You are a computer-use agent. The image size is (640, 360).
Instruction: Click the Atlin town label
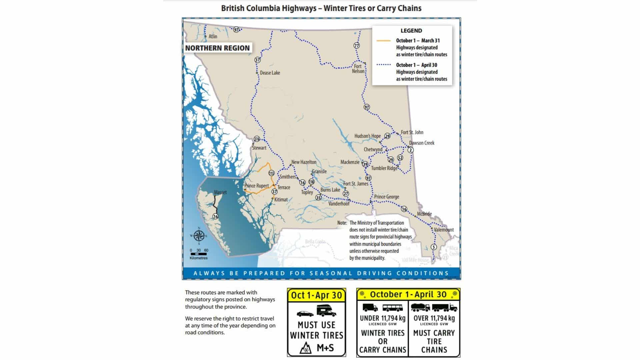click(213, 36)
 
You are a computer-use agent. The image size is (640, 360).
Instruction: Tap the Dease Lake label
click(270, 73)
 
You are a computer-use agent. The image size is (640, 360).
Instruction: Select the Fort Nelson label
click(358, 69)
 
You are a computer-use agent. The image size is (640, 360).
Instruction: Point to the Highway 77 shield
click(357, 46)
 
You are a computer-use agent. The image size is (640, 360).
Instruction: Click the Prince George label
click(386, 197)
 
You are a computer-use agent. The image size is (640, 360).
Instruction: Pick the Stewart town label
click(259, 148)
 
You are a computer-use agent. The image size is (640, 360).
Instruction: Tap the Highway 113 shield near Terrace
click(271, 173)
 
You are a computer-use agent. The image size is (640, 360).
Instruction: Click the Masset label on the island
click(220, 192)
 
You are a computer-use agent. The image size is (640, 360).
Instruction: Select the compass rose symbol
click(199, 236)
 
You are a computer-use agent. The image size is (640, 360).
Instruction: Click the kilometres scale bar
click(199, 254)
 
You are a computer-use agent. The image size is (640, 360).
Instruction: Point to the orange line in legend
click(383, 41)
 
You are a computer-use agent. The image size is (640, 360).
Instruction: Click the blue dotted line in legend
click(383, 65)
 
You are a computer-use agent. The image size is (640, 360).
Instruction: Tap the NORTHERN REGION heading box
click(217, 48)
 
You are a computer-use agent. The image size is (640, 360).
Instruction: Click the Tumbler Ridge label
click(384, 168)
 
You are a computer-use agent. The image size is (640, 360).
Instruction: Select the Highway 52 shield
click(400, 158)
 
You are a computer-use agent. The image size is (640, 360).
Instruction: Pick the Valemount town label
click(444, 230)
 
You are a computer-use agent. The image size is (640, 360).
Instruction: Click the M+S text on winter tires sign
click(325, 348)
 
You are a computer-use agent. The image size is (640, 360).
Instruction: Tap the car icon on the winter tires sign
click(305, 314)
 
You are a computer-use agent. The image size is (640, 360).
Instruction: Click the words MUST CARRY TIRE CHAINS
click(434, 341)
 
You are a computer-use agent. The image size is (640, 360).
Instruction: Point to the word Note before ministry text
click(342, 223)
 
